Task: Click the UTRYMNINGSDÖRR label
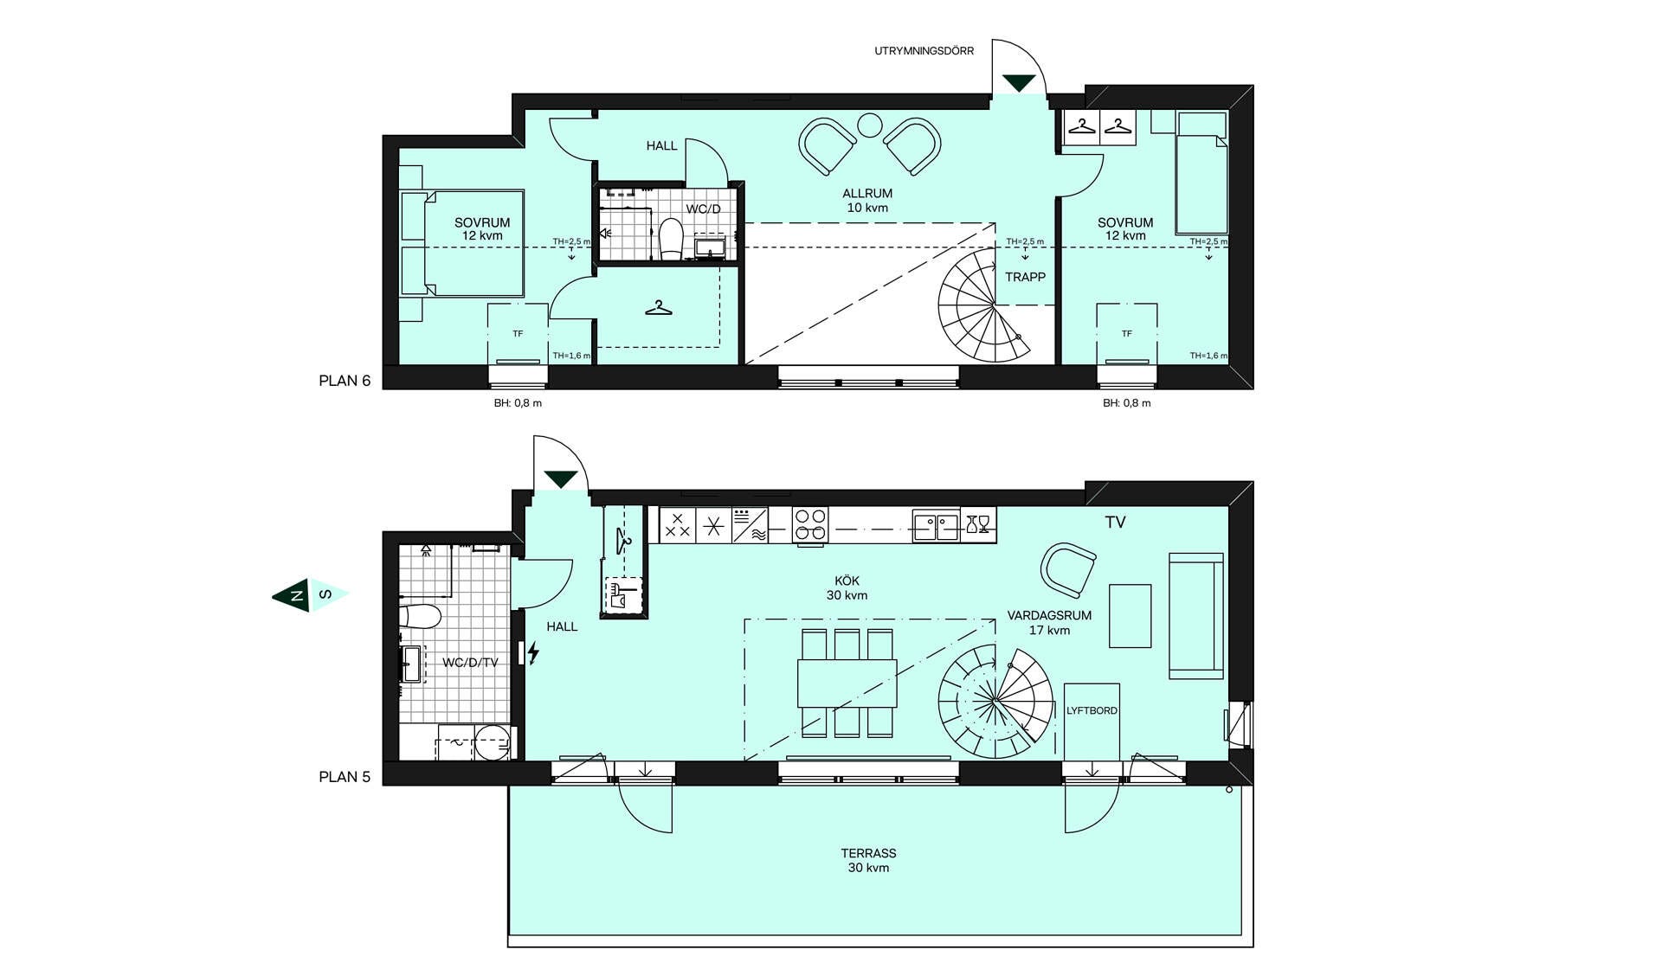coord(924,51)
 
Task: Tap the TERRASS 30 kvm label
coord(868,860)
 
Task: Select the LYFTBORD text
coord(1092,711)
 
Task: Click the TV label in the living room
coord(1115,523)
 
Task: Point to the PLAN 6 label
coord(345,381)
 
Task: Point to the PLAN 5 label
coord(345,777)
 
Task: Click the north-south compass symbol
coord(311,594)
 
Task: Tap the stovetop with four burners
coord(810,525)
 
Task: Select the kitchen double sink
coord(936,525)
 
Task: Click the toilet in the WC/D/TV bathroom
coord(420,616)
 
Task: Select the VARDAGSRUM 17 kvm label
coord(1049,623)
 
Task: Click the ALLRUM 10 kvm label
coord(867,201)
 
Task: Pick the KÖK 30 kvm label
coord(847,588)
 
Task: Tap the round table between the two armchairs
coord(869,127)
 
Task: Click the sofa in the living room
coord(1196,616)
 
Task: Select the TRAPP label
coord(1025,278)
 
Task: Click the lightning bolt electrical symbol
coord(533,653)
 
